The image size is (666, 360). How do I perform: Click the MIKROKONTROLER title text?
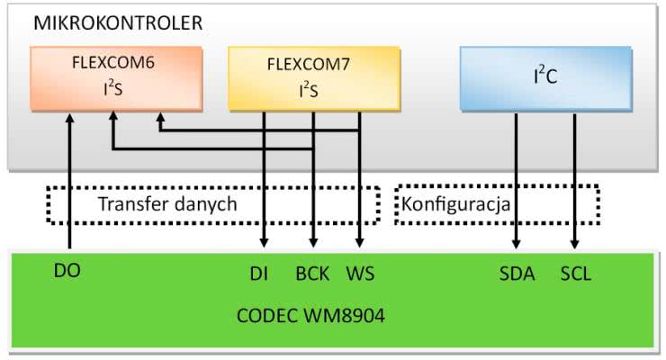pos(118,22)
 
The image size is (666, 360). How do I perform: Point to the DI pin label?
pos(264,274)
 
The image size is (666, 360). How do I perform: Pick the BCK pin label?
pos(312,274)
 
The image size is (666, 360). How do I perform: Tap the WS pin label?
pos(361,274)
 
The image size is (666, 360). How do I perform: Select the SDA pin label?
pos(517,274)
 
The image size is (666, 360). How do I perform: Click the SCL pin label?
pos(575,274)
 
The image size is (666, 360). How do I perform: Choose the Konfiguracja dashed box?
pos(497,204)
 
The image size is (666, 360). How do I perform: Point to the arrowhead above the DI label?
pos(265,241)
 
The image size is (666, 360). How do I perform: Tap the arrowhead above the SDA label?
pos(517,241)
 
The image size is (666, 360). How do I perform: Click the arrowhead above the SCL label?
pos(575,241)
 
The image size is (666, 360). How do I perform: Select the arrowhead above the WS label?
pos(360,241)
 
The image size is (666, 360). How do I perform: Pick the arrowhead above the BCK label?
pos(312,241)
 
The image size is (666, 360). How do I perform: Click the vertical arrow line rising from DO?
pos(69,180)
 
